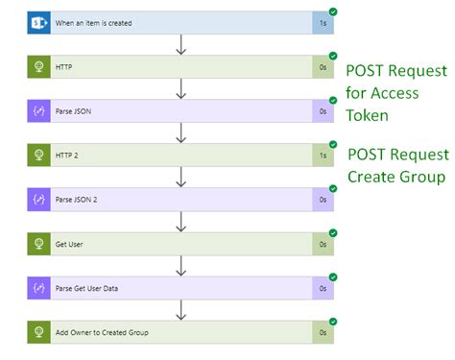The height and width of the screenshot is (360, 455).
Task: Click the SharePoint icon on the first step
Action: click(39, 23)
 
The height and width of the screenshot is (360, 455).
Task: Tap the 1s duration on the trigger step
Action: click(323, 23)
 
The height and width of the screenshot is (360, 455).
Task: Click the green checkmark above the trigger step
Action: click(332, 12)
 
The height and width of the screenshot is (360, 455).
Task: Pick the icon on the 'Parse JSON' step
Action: click(39, 111)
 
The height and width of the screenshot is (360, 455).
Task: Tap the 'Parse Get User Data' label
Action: click(99, 288)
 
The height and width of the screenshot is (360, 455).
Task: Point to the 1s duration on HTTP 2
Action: click(323, 156)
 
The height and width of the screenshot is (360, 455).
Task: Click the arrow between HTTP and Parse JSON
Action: click(180, 88)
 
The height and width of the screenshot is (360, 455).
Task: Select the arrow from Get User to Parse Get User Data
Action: click(180, 266)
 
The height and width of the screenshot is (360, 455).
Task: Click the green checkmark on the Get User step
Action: click(332, 232)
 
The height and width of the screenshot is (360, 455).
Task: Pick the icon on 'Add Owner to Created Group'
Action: click(39, 332)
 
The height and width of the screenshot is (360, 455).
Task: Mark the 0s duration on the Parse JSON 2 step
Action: click(323, 200)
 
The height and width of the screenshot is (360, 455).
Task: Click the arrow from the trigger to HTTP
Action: click(180, 44)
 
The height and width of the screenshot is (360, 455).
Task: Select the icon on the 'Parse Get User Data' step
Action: click(39, 288)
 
